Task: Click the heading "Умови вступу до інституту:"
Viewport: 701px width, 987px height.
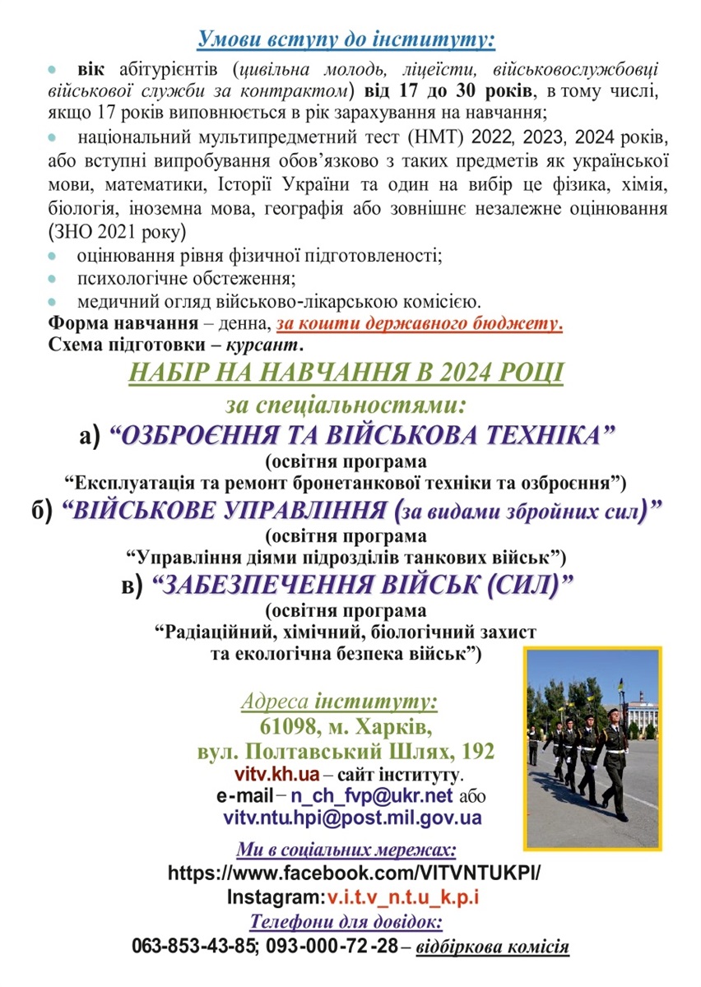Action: point(346,39)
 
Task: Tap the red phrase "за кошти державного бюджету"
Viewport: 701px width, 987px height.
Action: point(420,322)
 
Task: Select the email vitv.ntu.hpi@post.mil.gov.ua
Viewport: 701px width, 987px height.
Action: point(352,818)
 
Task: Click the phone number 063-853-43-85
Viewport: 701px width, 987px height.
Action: point(193,946)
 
